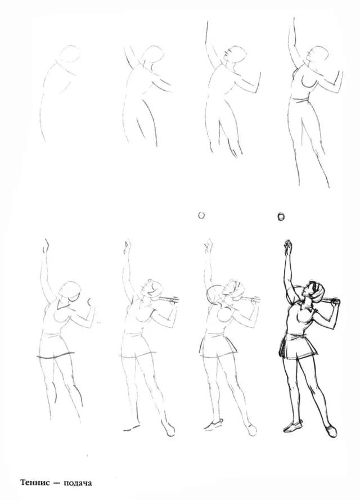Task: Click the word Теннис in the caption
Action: tap(35, 482)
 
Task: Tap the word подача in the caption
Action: tap(78, 483)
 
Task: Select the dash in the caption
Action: tap(57, 483)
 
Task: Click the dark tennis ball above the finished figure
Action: tap(281, 217)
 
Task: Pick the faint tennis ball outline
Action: tap(201, 215)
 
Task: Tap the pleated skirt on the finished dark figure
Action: tap(298, 346)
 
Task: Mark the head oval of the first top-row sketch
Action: tap(68, 55)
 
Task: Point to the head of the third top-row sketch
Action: tap(235, 56)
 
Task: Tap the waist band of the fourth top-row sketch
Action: tap(300, 101)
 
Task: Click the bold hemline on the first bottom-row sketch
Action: tap(56, 355)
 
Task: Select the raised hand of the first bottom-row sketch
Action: tap(46, 246)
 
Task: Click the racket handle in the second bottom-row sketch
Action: tap(168, 300)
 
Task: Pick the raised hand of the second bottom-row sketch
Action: tap(128, 247)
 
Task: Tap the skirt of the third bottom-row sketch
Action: tap(218, 345)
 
